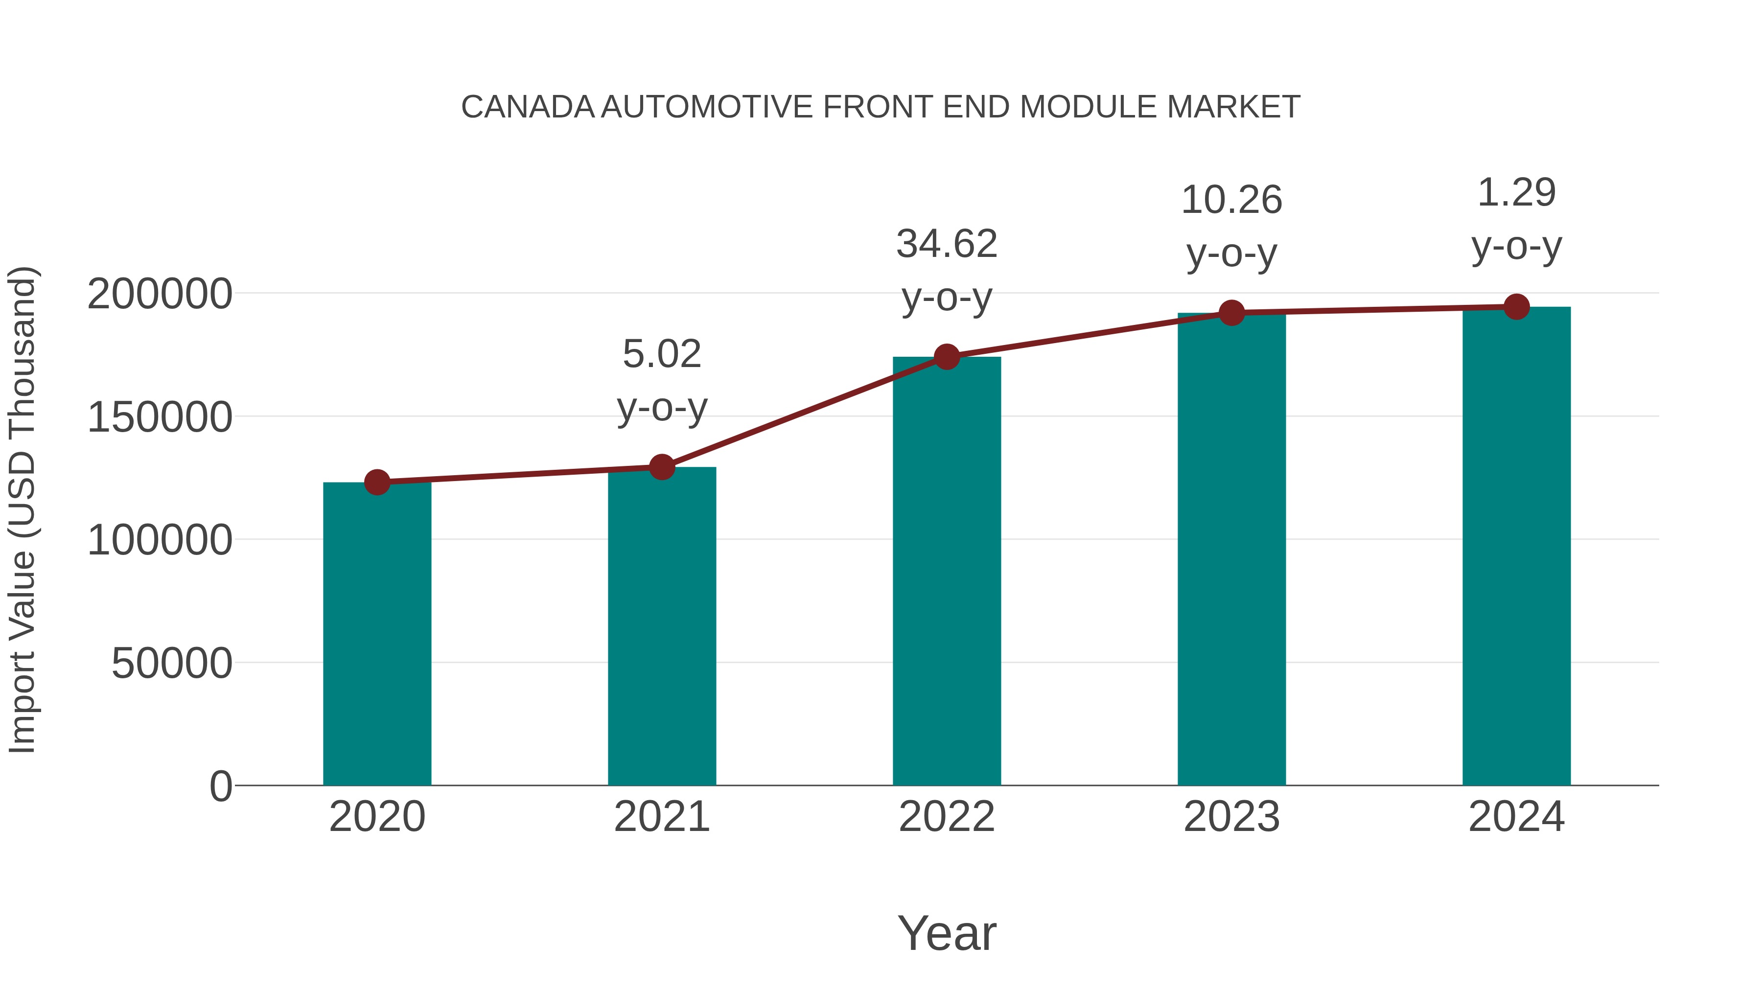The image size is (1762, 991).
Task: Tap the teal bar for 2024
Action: pyautogui.click(x=1516, y=547)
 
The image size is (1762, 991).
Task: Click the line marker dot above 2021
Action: pyautogui.click(x=661, y=468)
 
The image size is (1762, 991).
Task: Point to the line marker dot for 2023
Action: pyautogui.click(x=1231, y=313)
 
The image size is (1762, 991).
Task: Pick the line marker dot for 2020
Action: pyautogui.click(x=377, y=483)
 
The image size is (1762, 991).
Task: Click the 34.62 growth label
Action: pyautogui.click(x=947, y=244)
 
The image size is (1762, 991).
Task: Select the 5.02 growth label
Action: pyautogui.click(x=661, y=354)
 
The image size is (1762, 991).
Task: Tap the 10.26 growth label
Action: pyautogui.click(x=1231, y=200)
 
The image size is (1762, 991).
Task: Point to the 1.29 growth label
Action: pyautogui.click(x=1516, y=193)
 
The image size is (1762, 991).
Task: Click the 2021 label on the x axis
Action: pyautogui.click(x=661, y=817)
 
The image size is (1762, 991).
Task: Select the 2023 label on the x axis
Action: pyautogui.click(x=1231, y=817)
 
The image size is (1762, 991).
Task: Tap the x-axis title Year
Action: pyautogui.click(x=947, y=934)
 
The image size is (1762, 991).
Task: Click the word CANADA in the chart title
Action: pyautogui.click(x=527, y=107)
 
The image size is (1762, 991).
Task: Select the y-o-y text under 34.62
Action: pyautogui.click(x=947, y=298)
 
